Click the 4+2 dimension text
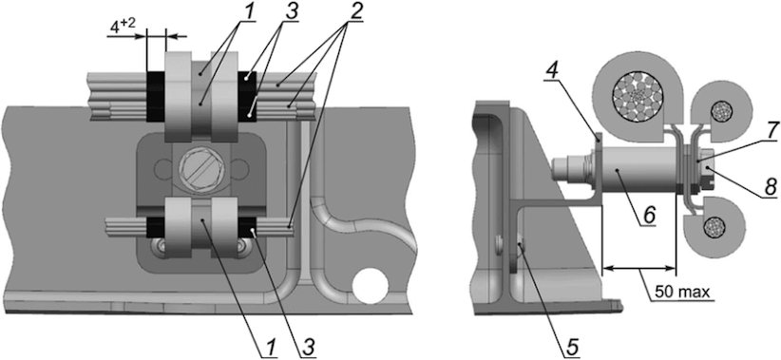coord(122,26)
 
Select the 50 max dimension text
coord(682,292)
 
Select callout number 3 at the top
coord(291,13)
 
